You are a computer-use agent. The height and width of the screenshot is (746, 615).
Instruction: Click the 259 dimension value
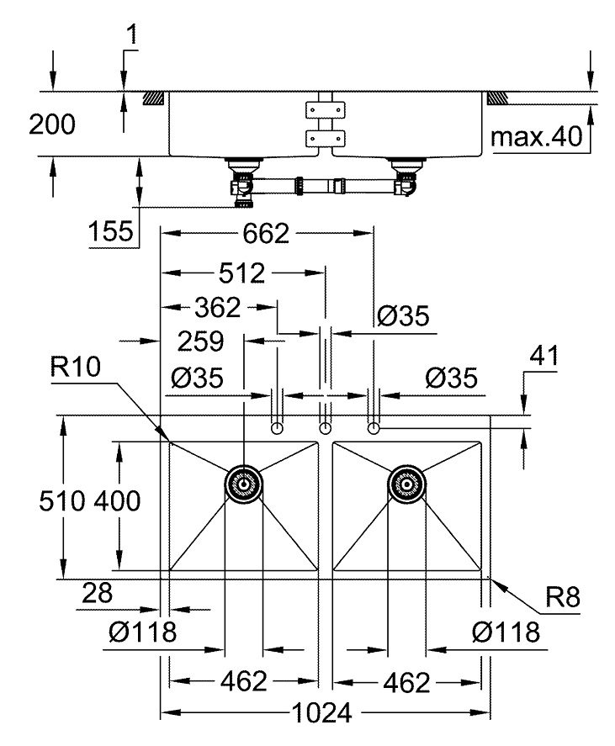pyautogui.click(x=200, y=341)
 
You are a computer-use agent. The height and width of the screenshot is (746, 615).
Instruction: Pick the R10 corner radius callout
pyautogui.click(x=77, y=368)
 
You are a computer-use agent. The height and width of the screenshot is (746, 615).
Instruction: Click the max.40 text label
pyautogui.click(x=537, y=137)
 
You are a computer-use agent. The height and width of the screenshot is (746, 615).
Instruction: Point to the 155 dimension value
pyautogui.click(x=112, y=230)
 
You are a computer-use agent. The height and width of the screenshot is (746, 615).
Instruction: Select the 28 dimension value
pyautogui.click(x=98, y=594)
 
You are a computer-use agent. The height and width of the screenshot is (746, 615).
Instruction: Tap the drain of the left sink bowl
pyautogui.click(x=244, y=484)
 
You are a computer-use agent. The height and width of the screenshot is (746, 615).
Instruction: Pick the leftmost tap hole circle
pyautogui.click(x=278, y=429)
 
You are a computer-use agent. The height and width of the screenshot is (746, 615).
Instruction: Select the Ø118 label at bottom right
pyautogui.click(x=506, y=632)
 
